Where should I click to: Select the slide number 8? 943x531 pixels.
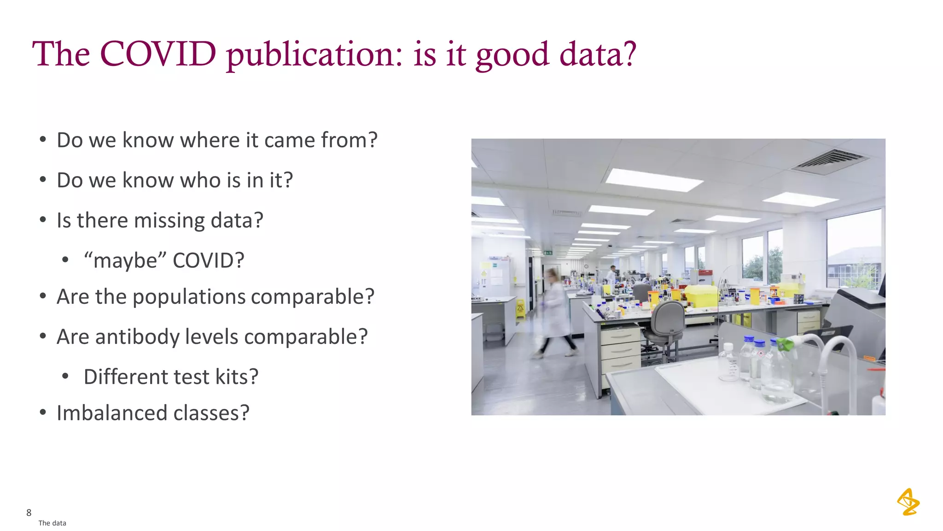(x=29, y=513)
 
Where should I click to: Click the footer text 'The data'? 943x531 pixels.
(x=52, y=523)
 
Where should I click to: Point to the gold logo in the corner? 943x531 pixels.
(x=908, y=502)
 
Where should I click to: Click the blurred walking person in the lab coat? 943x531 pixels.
(x=555, y=313)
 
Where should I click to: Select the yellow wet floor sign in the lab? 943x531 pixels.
(x=520, y=308)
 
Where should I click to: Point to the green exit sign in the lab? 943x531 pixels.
(x=548, y=253)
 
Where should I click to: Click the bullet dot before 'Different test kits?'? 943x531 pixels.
(x=65, y=377)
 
